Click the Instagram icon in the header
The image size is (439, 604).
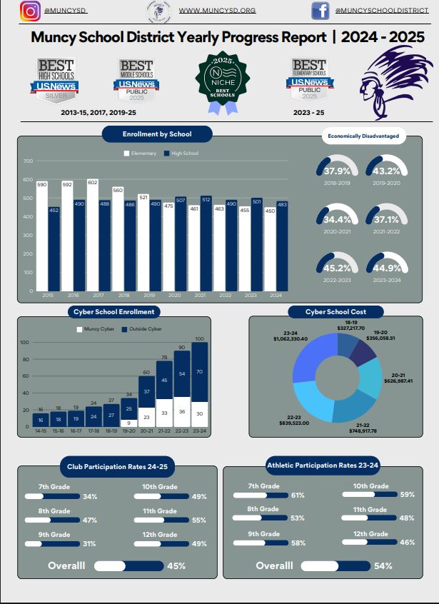pyautogui.click(x=29, y=11)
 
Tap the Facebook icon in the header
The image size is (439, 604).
pyautogui.click(x=320, y=11)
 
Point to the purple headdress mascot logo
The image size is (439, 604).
pyautogui.click(x=390, y=83)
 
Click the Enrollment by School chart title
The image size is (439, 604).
pyautogui.click(x=157, y=134)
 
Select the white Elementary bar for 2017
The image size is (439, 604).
pyautogui.click(x=93, y=236)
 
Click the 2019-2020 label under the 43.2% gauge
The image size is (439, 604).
pyautogui.click(x=386, y=183)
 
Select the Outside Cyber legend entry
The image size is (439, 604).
pyautogui.click(x=143, y=329)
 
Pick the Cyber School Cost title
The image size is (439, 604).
pyautogui.click(x=335, y=312)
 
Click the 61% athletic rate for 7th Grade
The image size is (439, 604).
pyautogui.click(x=298, y=495)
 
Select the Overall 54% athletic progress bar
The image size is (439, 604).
pyautogui.click(x=335, y=565)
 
